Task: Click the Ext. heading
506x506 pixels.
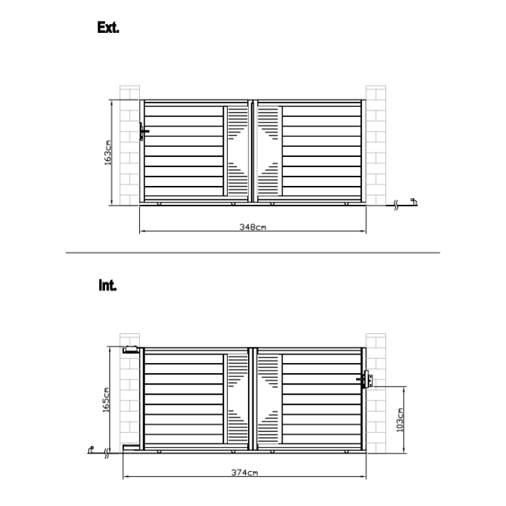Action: (108, 27)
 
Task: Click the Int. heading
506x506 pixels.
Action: (108, 285)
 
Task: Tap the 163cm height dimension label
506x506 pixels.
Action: (108, 152)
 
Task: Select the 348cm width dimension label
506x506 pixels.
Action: (252, 227)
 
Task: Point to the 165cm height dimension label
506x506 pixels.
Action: (106, 400)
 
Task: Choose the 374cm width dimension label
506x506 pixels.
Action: (244, 472)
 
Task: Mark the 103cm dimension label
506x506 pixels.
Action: (400, 420)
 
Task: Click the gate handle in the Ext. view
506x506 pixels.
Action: (144, 132)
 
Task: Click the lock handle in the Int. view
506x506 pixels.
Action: (365, 379)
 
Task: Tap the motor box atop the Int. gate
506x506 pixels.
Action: (130, 350)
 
